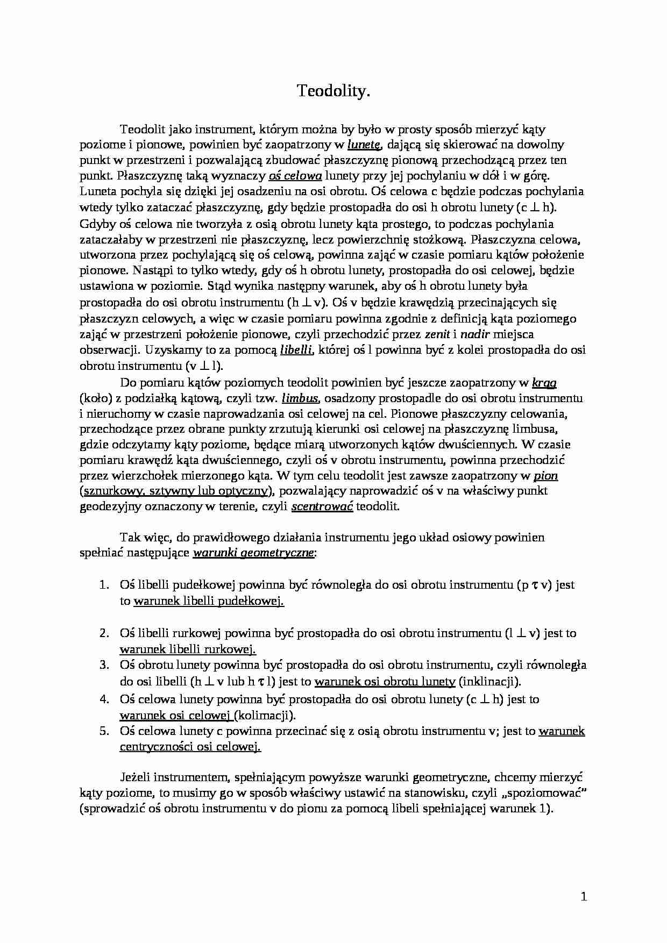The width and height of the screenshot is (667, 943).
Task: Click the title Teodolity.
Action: (334, 92)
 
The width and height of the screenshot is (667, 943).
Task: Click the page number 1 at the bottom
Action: (584, 897)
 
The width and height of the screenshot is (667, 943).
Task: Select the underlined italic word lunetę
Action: (365, 144)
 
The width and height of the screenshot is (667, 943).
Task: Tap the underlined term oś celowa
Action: (295, 176)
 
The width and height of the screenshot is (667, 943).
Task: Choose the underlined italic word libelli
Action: (296, 350)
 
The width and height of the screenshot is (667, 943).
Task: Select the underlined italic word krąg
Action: (544, 383)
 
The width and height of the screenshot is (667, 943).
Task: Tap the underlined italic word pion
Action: (545, 476)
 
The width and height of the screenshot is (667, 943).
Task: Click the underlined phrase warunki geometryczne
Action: (253, 553)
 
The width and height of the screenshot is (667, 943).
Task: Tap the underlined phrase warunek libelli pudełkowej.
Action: (209, 601)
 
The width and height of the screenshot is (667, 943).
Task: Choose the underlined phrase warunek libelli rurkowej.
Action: (188, 649)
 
